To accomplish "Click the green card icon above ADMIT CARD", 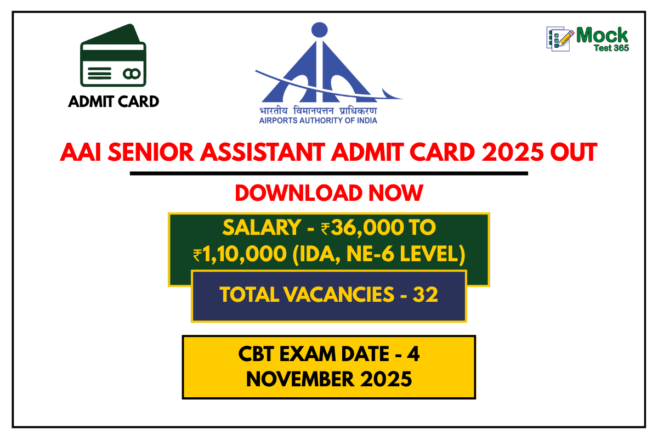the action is (113, 55).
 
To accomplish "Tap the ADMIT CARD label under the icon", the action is (114, 102).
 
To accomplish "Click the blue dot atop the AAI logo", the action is (319, 30).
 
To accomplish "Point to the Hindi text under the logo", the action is (318, 111).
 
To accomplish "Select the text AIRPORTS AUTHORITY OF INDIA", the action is (318, 121).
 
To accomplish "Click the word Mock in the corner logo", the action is (602, 35).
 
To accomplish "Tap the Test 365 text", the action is (611, 48).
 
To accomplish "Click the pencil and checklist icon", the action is (560, 39).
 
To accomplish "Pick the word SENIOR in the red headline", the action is (151, 153).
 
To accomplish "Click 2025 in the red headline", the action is (513, 153).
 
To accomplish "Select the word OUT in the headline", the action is (574, 153).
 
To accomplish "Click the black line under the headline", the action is (329, 173).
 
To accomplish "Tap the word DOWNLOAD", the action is (298, 193).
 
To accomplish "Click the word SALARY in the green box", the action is (262, 228).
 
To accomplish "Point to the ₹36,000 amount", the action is (362, 228).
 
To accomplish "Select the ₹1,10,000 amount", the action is (240, 254).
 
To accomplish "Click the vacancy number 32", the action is (425, 294).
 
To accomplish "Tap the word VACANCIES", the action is (339, 294).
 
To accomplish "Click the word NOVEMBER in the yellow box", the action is (300, 379).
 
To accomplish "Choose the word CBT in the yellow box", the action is (256, 354).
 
